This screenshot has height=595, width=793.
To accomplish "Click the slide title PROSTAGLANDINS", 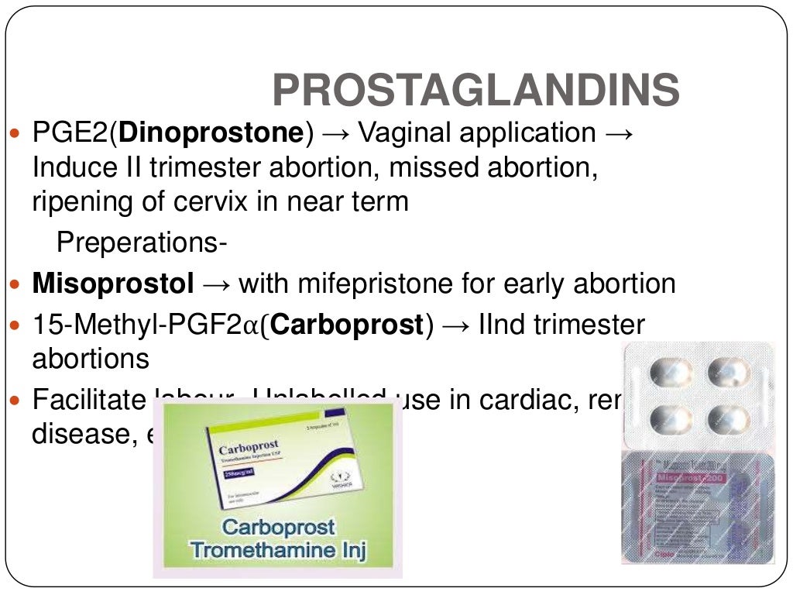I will (x=475, y=91).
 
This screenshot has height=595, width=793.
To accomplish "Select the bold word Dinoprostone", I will (x=210, y=133).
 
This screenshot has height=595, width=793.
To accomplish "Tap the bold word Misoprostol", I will (x=113, y=284).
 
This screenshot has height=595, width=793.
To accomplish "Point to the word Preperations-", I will (x=142, y=243).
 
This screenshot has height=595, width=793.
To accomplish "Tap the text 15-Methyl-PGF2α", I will (x=146, y=325).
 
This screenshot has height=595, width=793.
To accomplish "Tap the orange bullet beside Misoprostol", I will (x=19, y=284).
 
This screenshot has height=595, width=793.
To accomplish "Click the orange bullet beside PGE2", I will (x=19, y=134).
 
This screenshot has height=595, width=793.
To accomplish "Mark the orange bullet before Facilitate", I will (x=19, y=401).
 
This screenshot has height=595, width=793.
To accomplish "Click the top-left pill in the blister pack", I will (x=671, y=373).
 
